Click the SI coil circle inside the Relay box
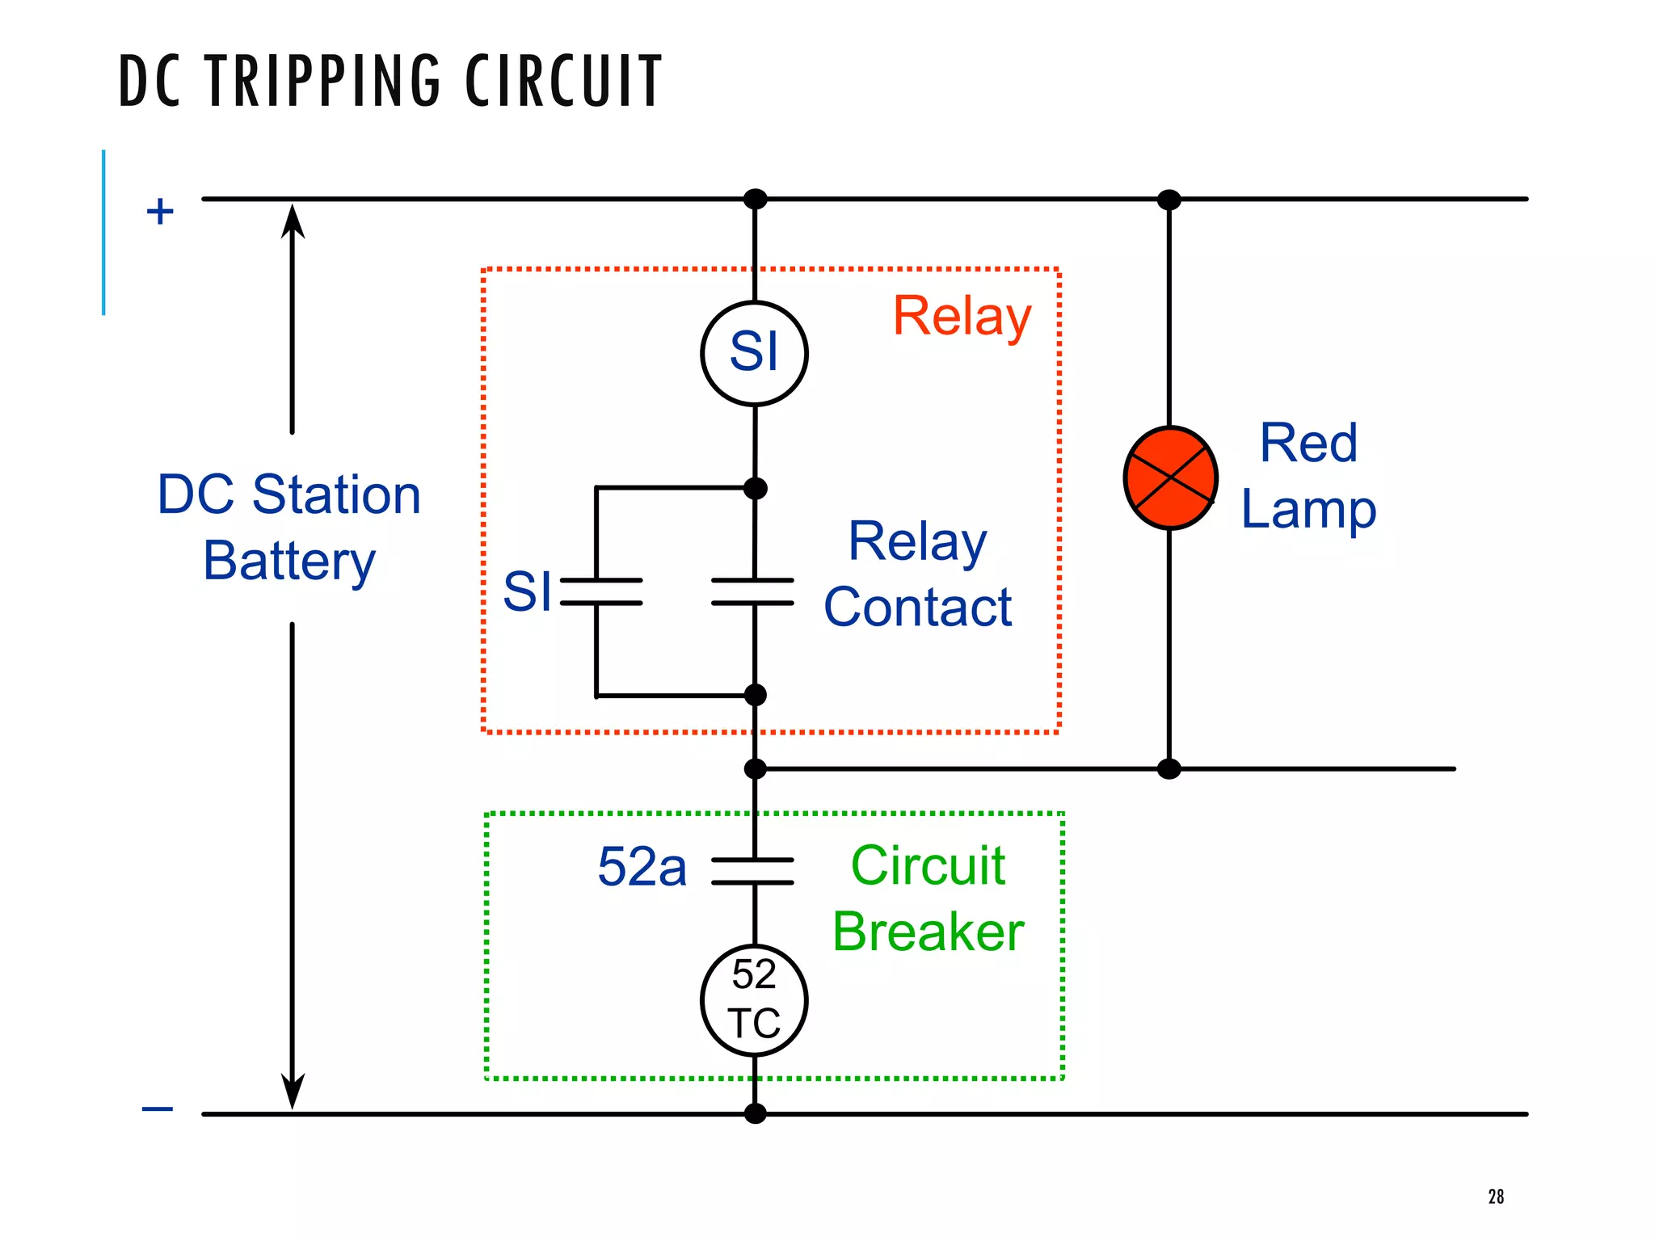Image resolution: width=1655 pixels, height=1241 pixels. pyautogui.click(x=754, y=353)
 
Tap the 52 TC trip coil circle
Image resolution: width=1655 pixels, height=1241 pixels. pyautogui.click(x=754, y=1000)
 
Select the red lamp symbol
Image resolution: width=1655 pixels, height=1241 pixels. pyautogui.click(x=1170, y=478)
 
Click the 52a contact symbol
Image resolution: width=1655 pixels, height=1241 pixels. pyautogui.click(x=753, y=871)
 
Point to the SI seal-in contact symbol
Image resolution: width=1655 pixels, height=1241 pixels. pyautogui.click(x=601, y=591)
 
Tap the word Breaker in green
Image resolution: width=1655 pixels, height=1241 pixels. pyautogui.click(x=928, y=932)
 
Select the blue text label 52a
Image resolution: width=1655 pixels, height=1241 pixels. pyautogui.click(x=642, y=867)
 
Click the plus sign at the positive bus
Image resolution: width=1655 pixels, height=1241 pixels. pyautogui.click(x=160, y=212)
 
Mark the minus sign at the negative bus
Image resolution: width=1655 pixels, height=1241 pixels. pyautogui.click(x=158, y=1108)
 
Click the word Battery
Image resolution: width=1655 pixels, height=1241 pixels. pyautogui.click(x=289, y=561)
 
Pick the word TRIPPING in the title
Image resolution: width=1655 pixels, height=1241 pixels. pyautogui.click(x=324, y=81)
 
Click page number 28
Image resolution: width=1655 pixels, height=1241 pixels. pyautogui.click(x=1496, y=1197)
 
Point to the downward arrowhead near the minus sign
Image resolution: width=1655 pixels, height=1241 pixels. pyautogui.click(x=293, y=1092)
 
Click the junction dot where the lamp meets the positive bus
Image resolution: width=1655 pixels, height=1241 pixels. pyautogui.click(x=1169, y=200)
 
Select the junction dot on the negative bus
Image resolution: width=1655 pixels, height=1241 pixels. pyautogui.click(x=755, y=1113)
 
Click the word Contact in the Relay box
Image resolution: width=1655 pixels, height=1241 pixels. pyautogui.click(x=917, y=607)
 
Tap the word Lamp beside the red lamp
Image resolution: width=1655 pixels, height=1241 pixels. pyautogui.click(x=1308, y=510)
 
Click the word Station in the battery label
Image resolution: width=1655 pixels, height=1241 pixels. pyautogui.click(x=336, y=494)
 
